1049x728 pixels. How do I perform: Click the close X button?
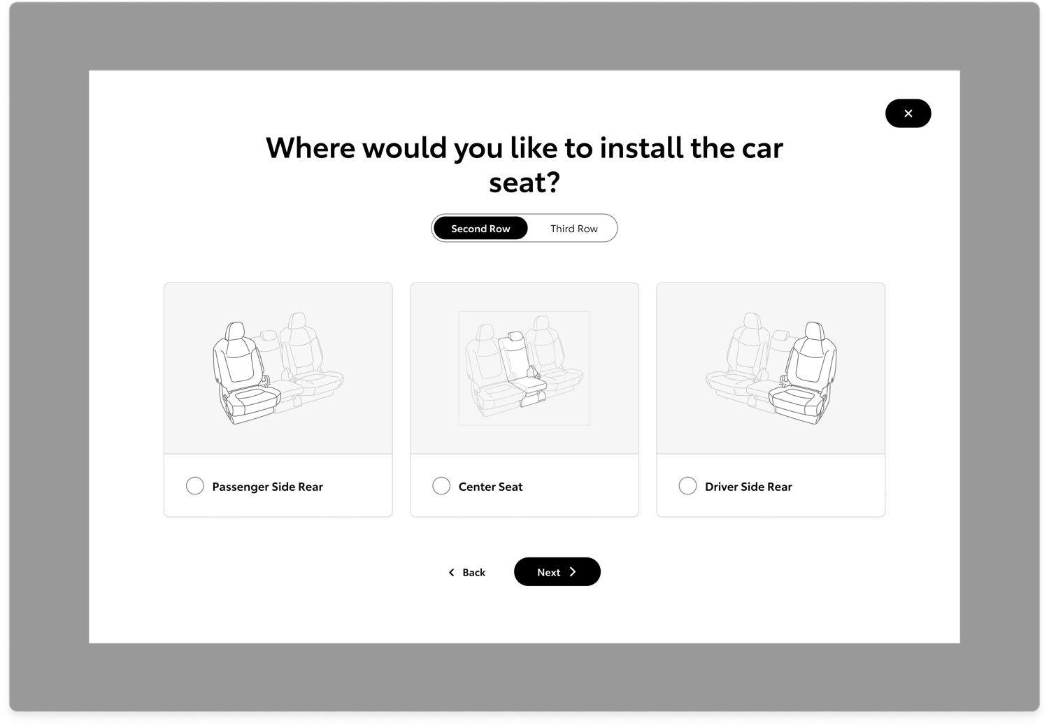[x=908, y=113]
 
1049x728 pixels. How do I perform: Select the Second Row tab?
[x=480, y=229]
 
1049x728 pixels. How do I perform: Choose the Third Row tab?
[x=573, y=229]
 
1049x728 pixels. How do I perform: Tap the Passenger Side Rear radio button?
[x=195, y=486]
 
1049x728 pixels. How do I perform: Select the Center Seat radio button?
[x=441, y=486]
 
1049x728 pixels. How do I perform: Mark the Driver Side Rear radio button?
[x=687, y=486]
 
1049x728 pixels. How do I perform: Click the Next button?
[x=557, y=572]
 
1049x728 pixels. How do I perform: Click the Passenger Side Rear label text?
[x=267, y=487]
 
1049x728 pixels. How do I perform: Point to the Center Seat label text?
[x=490, y=487]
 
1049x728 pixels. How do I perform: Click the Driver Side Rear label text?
[x=748, y=487]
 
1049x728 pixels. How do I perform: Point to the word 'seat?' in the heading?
[x=524, y=183]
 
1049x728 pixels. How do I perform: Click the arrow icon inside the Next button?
[x=573, y=572]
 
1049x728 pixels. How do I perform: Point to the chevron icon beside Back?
[x=451, y=572]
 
